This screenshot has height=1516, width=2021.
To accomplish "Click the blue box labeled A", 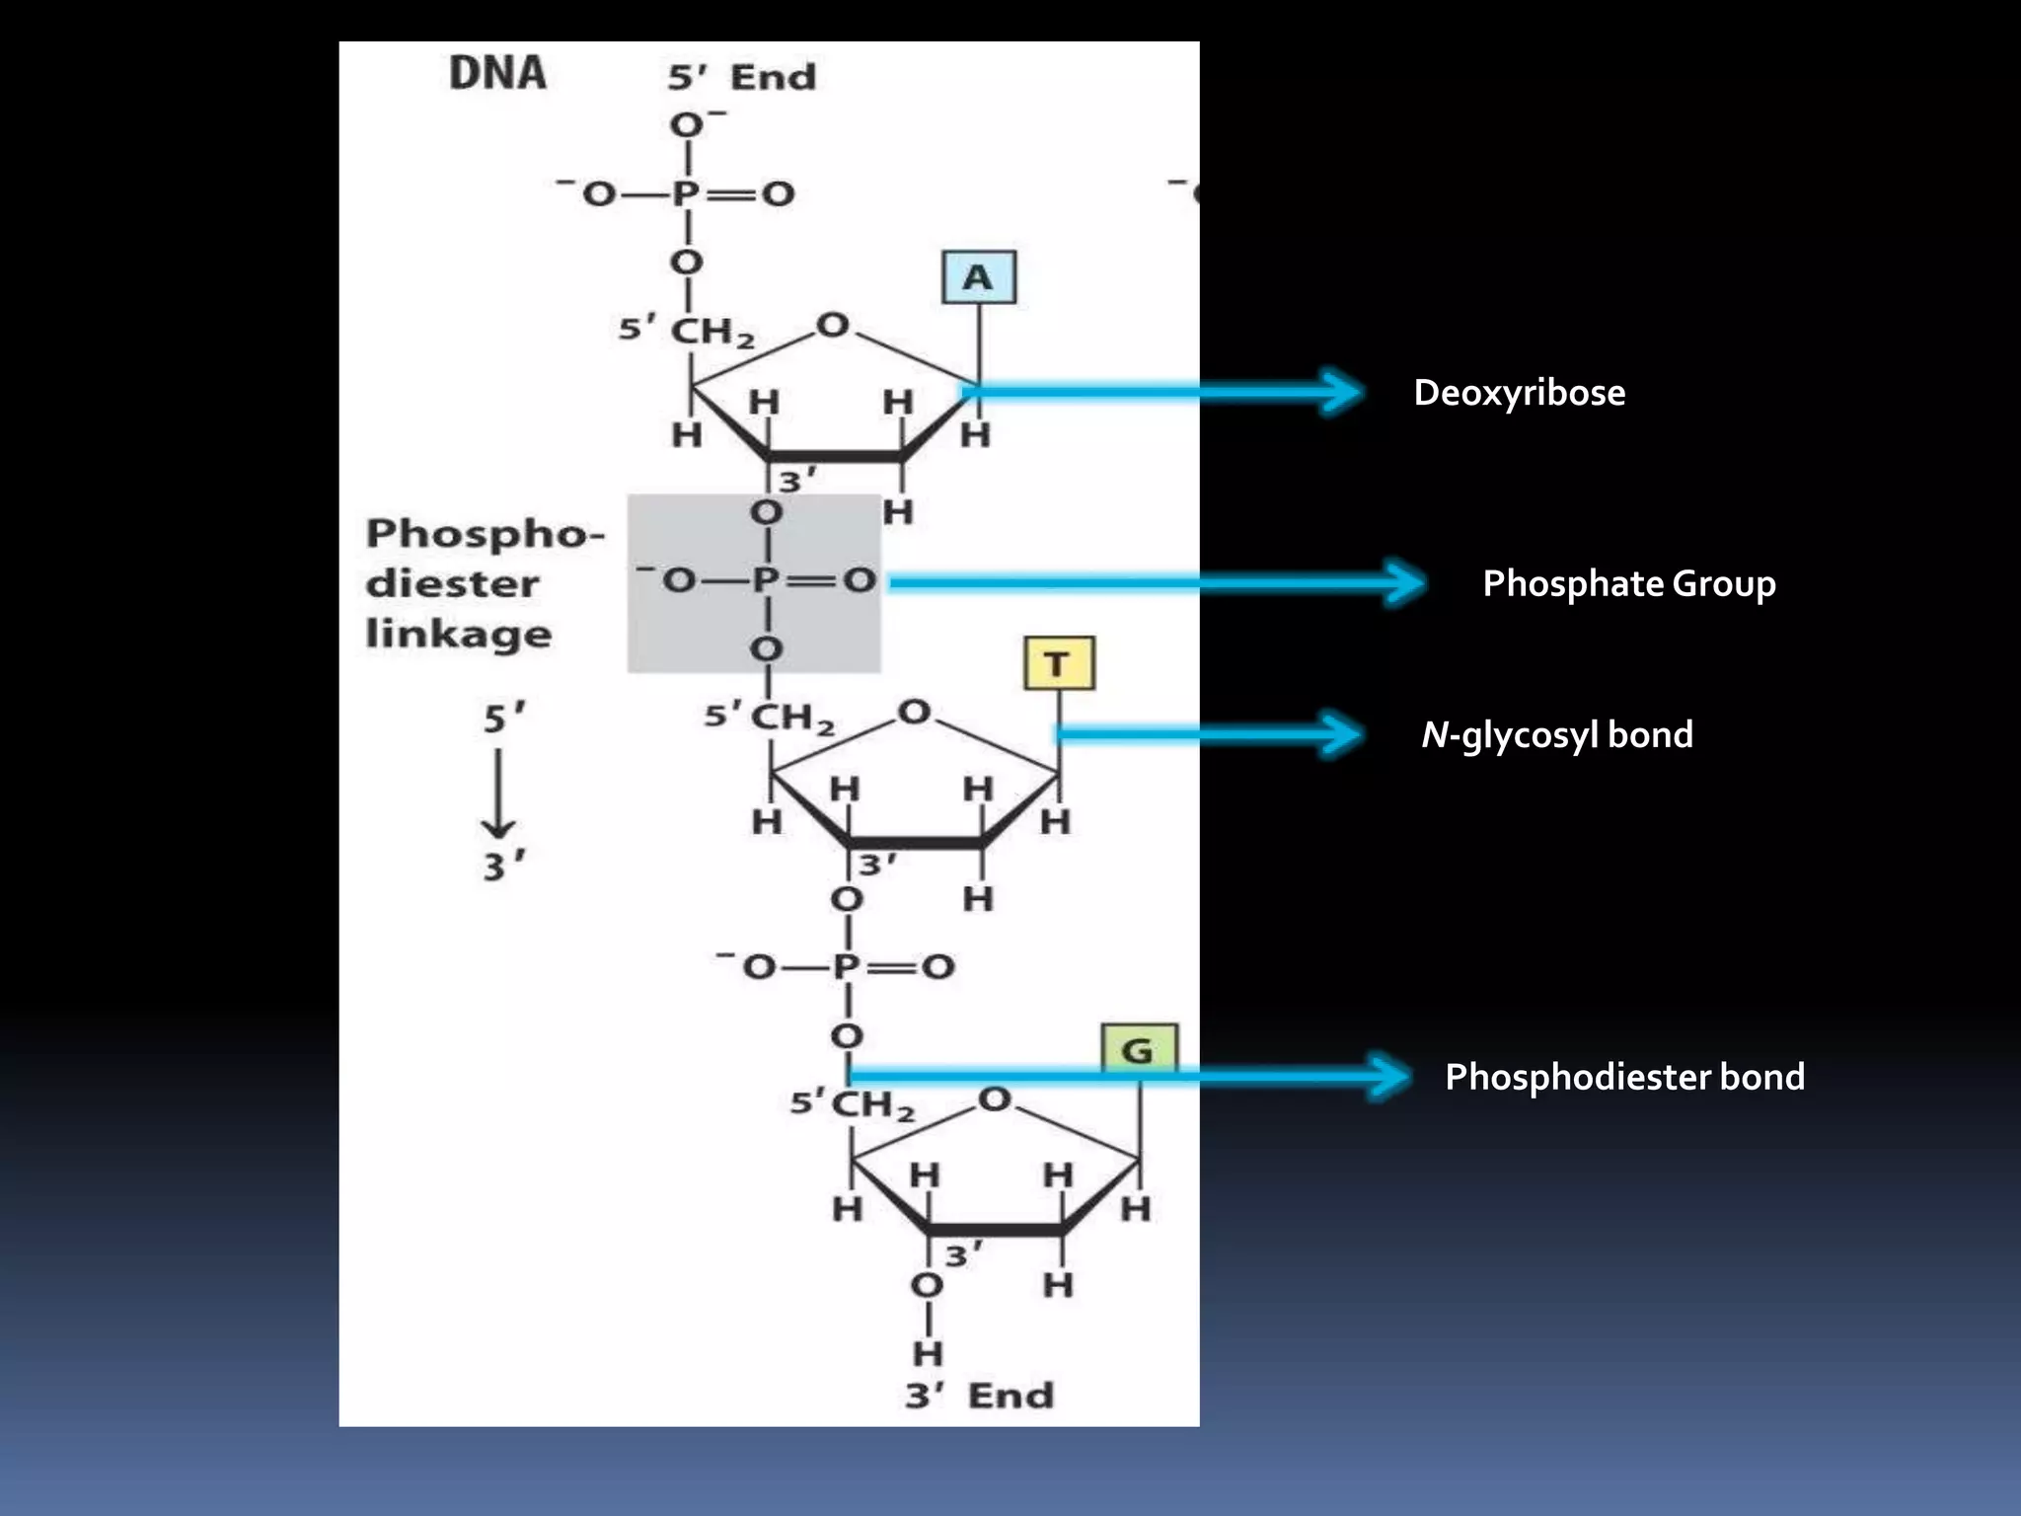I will tap(978, 277).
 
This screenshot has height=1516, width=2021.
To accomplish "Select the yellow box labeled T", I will tap(1059, 663).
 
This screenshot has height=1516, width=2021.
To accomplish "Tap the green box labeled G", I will tap(1138, 1049).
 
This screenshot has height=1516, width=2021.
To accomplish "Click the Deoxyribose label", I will tap(1519, 393).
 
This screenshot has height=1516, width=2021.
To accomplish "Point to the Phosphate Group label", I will tap(1628, 583).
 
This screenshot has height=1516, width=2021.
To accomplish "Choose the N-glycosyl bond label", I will tap(1556, 735).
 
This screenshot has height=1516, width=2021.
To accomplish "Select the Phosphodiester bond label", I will tap(1624, 1077).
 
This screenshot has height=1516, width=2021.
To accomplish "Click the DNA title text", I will tap(497, 73).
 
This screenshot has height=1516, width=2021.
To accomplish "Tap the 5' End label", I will tap(742, 77).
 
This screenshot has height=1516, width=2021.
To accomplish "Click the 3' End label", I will tap(979, 1396).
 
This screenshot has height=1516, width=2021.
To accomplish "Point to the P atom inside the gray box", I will tap(765, 580).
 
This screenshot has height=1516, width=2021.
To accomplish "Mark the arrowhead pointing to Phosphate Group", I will tap(1405, 582).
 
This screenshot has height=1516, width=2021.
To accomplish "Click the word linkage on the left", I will tap(458, 634).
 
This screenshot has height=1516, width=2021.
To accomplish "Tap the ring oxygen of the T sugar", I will tap(914, 712).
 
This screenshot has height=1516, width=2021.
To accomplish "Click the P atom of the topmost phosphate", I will tap(686, 193).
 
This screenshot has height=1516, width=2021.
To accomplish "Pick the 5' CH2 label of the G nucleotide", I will tap(853, 1103).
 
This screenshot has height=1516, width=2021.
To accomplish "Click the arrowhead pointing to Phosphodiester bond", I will tap(1391, 1076).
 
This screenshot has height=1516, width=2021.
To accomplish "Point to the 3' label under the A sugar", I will tap(796, 482).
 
